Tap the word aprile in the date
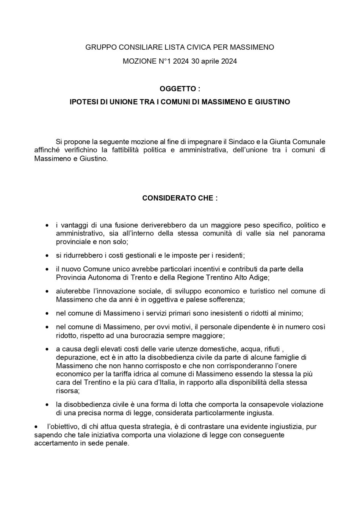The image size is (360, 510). (x=210, y=61)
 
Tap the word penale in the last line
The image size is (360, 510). (x=118, y=443)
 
